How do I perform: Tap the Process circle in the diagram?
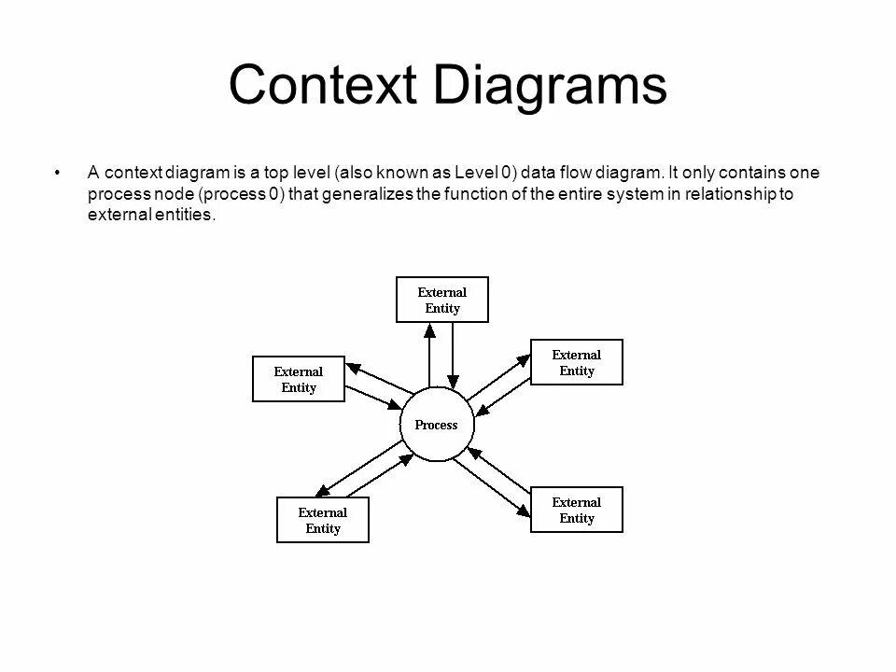[437, 426]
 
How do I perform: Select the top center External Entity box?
[442, 300]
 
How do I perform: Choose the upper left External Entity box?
[299, 380]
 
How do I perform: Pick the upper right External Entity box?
[577, 362]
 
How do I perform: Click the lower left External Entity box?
[323, 520]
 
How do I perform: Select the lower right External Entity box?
[577, 510]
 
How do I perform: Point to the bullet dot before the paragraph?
[58, 173]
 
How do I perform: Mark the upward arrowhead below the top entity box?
[429, 329]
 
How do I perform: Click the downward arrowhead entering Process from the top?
[453, 381]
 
